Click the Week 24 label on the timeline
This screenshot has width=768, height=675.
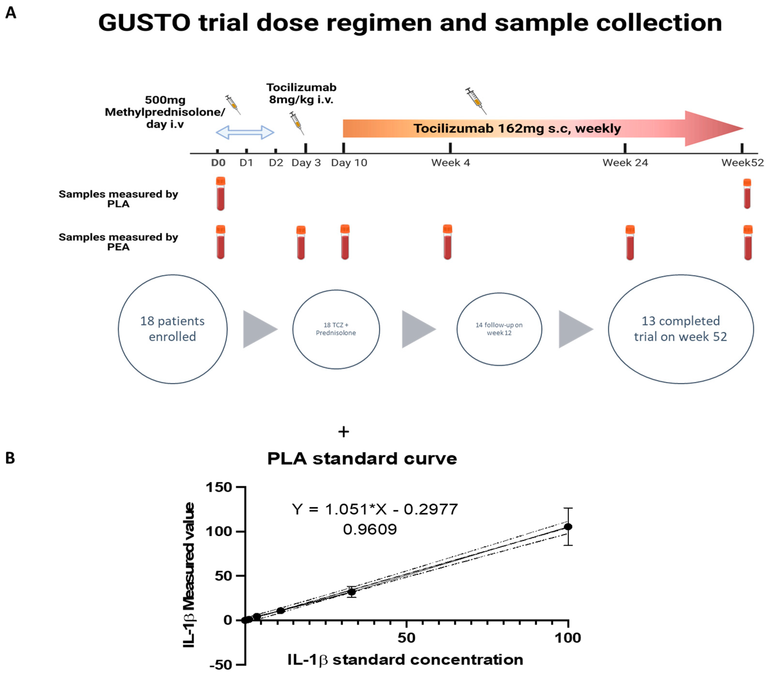(x=625, y=163)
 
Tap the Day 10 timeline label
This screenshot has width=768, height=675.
(x=349, y=163)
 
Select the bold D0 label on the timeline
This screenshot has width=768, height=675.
(x=218, y=163)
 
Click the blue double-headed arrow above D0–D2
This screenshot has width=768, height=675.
(x=245, y=132)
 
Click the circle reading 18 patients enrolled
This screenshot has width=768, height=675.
(x=173, y=329)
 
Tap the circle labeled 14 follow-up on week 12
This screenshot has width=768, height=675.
(x=499, y=329)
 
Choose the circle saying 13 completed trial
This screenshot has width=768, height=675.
(x=680, y=329)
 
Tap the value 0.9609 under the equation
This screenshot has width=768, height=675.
(x=370, y=529)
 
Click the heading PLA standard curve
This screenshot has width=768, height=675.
(x=362, y=459)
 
